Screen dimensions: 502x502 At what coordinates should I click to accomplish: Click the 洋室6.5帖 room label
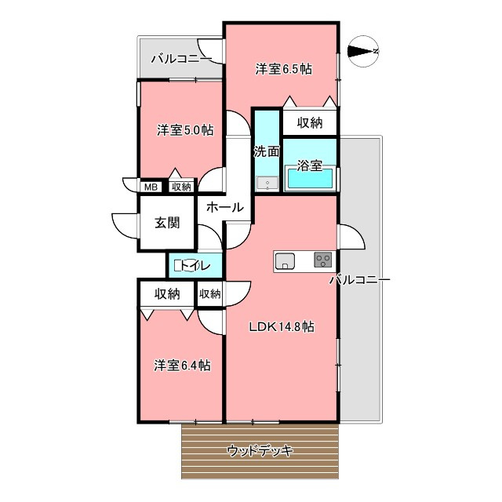click(284, 69)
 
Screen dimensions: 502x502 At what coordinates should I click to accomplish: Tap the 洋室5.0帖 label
click(185, 130)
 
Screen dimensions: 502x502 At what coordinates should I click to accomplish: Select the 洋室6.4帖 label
click(182, 366)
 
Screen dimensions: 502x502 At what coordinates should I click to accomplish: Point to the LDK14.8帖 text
click(282, 326)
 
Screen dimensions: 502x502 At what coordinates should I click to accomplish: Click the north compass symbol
click(363, 51)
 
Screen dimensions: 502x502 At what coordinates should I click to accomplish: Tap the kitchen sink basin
click(285, 261)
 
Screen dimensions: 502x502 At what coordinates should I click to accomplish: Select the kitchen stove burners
click(323, 260)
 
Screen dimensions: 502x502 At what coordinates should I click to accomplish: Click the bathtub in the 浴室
click(310, 179)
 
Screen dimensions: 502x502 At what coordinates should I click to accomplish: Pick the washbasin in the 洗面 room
click(267, 184)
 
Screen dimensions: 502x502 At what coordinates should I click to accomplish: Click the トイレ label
click(195, 265)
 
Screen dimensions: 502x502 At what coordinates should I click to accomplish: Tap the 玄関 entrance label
click(167, 223)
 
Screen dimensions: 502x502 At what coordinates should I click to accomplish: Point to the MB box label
click(151, 187)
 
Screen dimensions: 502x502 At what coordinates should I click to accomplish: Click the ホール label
click(225, 207)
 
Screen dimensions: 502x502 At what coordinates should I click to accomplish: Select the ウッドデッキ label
click(260, 451)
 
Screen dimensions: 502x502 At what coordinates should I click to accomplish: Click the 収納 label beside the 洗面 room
click(310, 122)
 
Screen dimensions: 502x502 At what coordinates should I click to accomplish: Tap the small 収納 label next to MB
click(181, 187)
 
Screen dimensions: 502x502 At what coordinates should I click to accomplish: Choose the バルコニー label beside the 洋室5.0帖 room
click(181, 59)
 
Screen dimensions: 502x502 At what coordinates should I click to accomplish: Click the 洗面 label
click(267, 151)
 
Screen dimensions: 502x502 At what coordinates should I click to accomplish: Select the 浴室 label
click(310, 166)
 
